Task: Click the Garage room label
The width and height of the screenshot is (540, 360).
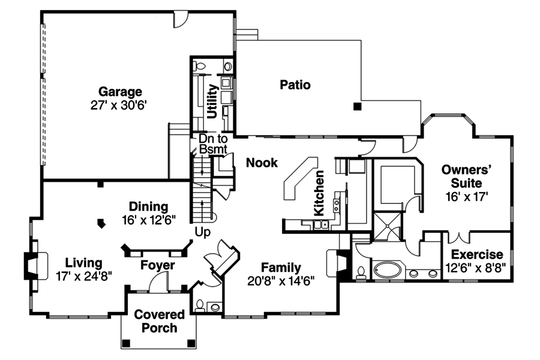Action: [120, 92]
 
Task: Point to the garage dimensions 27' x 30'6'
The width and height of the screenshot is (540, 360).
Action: [120, 104]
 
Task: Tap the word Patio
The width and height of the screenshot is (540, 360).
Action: [295, 85]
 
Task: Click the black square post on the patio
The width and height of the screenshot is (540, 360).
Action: [358, 107]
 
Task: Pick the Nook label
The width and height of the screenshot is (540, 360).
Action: [262, 162]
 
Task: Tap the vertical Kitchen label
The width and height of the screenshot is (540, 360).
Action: [320, 193]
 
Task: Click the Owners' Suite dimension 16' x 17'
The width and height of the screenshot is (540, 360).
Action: [467, 195]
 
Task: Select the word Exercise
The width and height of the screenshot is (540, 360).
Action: [477, 254]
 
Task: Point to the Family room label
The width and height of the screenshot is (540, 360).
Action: [281, 268]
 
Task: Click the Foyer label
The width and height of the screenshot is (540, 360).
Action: [158, 265]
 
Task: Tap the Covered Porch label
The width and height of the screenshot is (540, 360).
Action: [155, 321]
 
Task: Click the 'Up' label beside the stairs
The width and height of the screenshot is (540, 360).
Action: [203, 232]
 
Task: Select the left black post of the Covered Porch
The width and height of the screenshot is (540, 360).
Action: [127, 343]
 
